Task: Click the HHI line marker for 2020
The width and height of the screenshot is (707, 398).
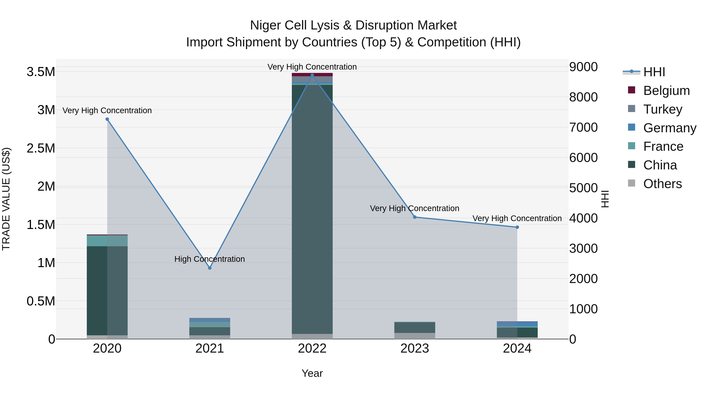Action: [x=107, y=119]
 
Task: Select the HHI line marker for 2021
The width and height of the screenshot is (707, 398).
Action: [x=210, y=268]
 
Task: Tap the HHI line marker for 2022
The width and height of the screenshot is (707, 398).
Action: [x=312, y=75]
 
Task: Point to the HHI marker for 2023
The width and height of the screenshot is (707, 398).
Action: [x=415, y=217]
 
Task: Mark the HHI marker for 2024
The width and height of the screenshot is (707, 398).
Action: [x=517, y=227]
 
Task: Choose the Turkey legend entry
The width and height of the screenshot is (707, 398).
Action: [x=663, y=109]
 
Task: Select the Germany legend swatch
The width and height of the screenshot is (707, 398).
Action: [x=632, y=127]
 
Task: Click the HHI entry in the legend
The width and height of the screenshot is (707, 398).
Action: [x=654, y=72]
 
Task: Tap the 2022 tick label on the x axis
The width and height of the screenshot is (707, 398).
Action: [x=312, y=348]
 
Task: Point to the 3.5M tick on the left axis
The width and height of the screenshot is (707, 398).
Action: [x=41, y=72]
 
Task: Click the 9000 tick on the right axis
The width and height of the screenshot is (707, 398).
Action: [x=583, y=67]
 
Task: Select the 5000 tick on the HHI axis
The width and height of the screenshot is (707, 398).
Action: [x=583, y=188]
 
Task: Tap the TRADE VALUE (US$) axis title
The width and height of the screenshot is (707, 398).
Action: [x=6, y=199]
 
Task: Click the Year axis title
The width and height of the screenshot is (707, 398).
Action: [x=312, y=373]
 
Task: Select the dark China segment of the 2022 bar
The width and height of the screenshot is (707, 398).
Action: [x=312, y=209]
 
